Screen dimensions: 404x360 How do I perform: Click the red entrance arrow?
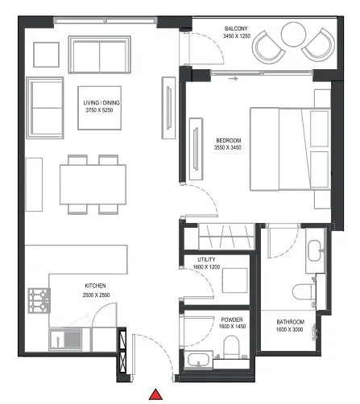158,394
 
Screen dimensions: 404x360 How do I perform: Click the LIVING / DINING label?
101,103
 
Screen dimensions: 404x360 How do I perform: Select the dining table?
93,184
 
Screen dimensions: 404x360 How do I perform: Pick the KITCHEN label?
97,286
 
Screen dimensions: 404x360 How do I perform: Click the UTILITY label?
205,259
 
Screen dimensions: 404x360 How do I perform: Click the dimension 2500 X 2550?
97,295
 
